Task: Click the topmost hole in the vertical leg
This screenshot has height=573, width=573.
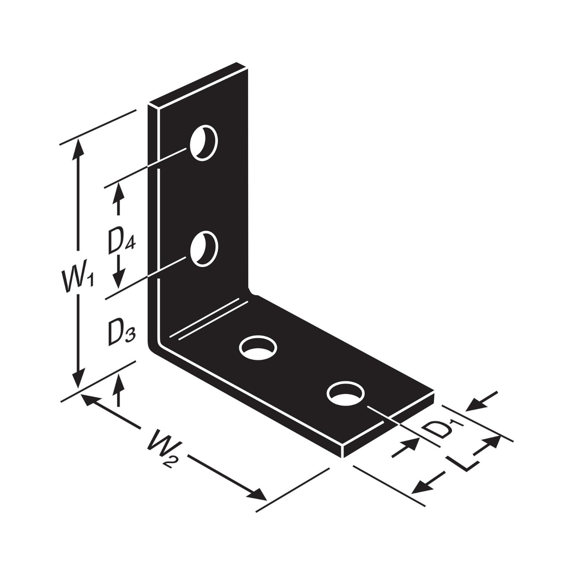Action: tap(204, 143)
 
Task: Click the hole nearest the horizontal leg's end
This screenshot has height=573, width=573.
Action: tap(345, 393)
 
